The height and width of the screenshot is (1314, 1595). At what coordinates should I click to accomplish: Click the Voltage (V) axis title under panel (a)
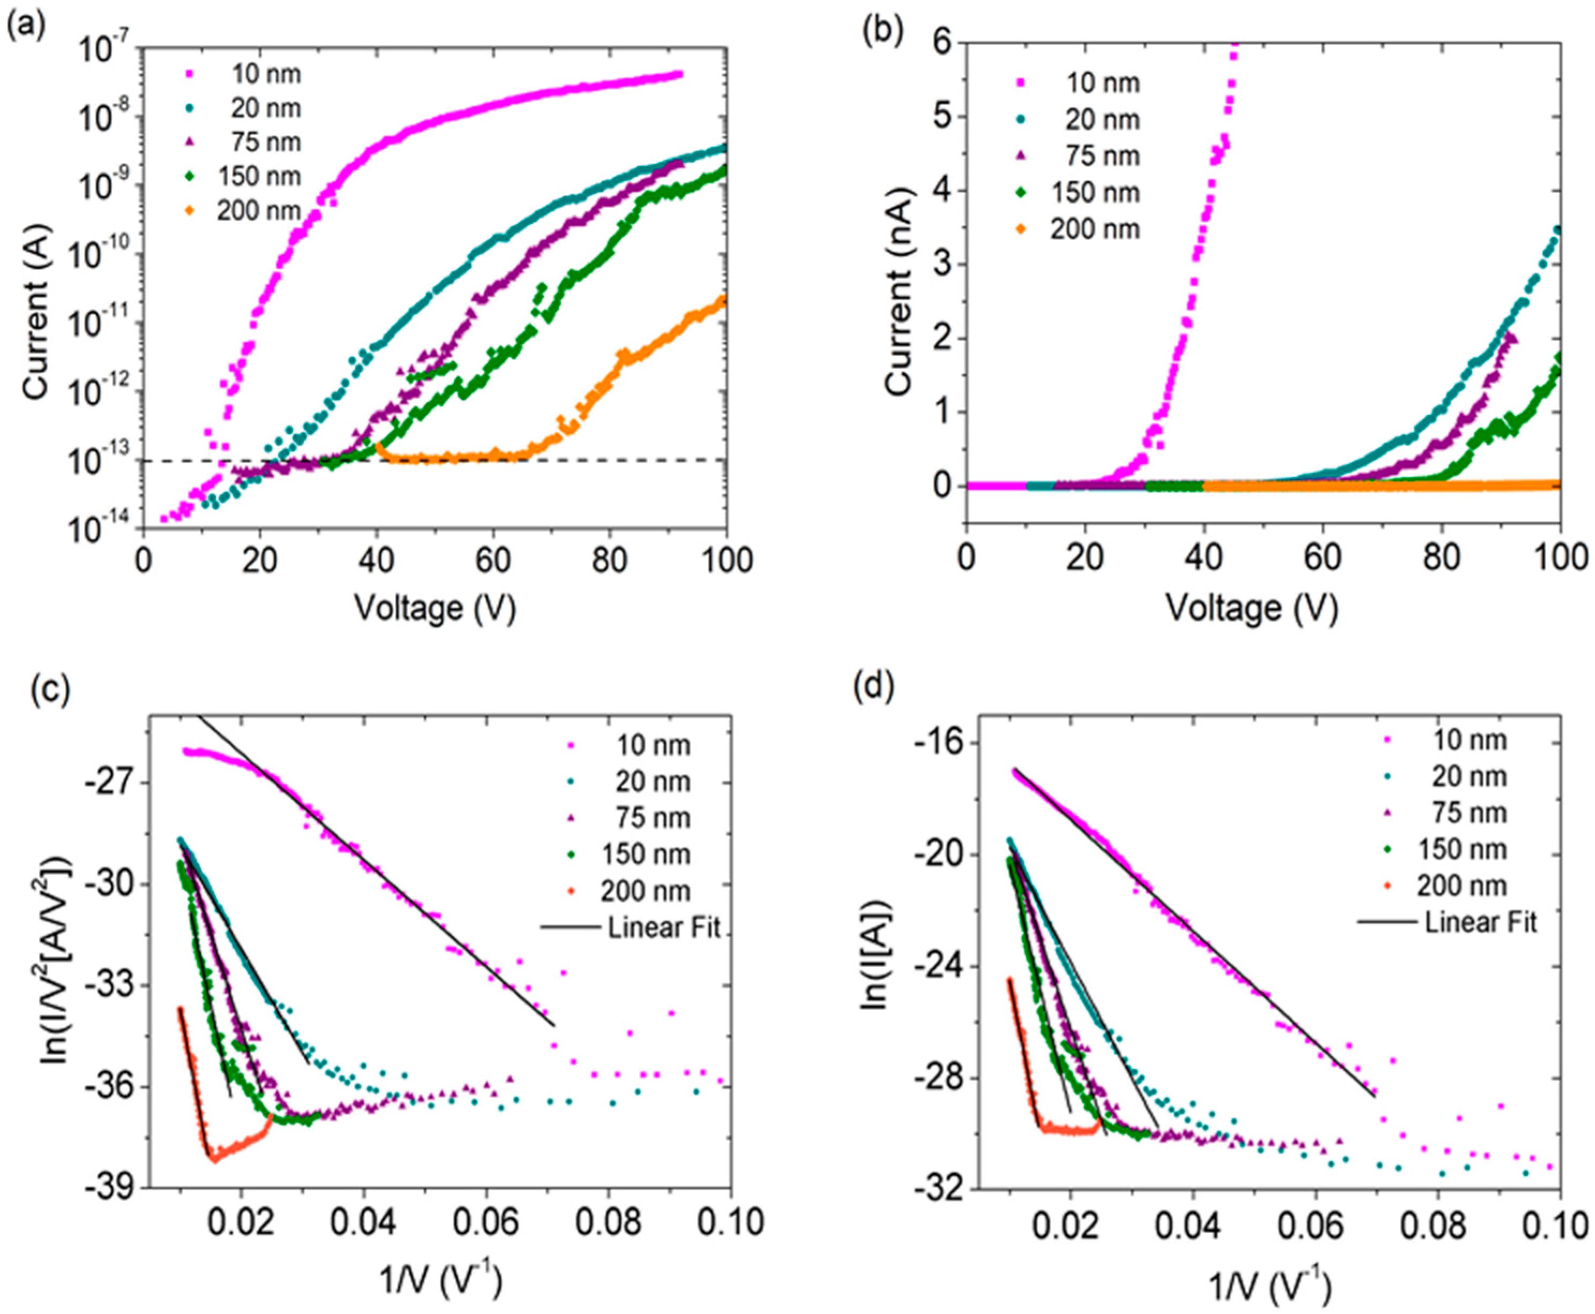pyautogui.click(x=435, y=608)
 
